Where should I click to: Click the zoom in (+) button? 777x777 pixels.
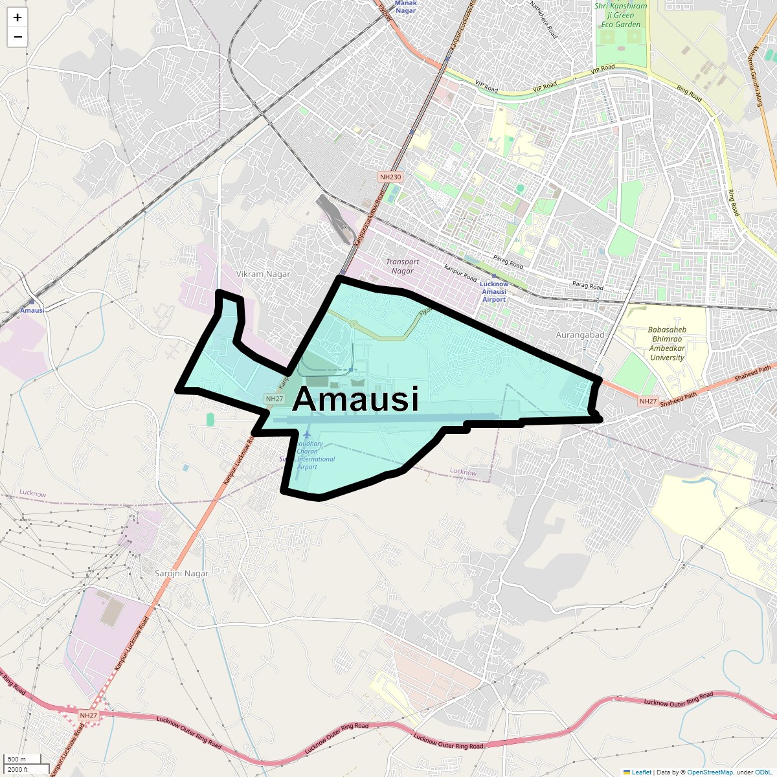(x=17, y=17)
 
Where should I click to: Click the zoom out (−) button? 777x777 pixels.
(x=17, y=37)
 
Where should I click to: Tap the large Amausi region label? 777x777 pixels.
(x=355, y=399)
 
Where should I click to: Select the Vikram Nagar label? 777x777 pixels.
(x=263, y=274)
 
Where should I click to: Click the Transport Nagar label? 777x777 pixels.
(x=402, y=266)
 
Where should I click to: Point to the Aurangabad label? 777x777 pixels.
(x=580, y=335)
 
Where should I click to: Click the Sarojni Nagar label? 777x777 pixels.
(x=182, y=573)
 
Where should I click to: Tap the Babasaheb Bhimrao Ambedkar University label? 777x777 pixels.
(x=667, y=343)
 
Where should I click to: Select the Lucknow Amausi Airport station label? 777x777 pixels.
(x=494, y=291)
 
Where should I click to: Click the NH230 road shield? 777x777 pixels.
(x=390, y=177)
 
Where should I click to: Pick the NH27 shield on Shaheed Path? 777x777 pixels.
(x=648, y=401)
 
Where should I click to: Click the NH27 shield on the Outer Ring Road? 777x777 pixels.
(x=89, y=715)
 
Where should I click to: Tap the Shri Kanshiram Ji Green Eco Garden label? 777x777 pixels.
(x=620, y=16)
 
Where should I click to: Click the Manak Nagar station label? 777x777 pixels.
(x=406, y=6)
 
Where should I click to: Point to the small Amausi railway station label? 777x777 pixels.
(x=32, y=310)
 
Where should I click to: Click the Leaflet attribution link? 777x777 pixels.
(x=641, y=772)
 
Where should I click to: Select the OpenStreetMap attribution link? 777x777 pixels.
(x=710, y=772)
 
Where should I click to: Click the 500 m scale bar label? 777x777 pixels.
(x=17, y=759)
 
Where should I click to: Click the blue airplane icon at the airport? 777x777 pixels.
(x=307, y=433)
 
